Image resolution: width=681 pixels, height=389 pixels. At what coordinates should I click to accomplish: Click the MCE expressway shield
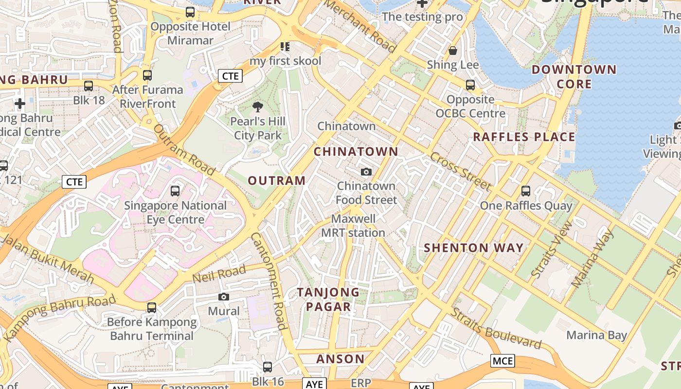tap(502, 361)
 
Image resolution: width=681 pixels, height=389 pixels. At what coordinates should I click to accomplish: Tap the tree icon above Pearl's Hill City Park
tap(258, 107)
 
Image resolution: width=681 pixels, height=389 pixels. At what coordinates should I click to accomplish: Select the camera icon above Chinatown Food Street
tap(366, 172)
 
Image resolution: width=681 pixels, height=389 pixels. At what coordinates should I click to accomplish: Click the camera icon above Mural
tap(224, 297)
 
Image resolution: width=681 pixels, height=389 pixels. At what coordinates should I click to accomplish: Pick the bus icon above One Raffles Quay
tap(526, 191)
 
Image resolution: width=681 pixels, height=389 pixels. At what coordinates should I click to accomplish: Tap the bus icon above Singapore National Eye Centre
tap(175, 191)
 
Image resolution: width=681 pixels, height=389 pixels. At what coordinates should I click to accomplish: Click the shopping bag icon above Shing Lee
tap(453, 51)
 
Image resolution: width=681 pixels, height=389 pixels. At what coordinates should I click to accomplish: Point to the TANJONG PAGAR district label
tap(328, 300)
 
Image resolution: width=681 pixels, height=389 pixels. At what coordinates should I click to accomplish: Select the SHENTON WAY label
tap(474, 248)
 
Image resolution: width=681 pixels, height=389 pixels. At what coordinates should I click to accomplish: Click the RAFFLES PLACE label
tap(524, 137)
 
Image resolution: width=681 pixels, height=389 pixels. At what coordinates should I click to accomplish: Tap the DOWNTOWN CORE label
tap(574, 77)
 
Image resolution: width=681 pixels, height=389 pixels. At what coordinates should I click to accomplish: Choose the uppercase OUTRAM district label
tap(277, 180)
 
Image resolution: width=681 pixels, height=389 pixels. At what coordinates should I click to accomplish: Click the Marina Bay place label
tap(596, 335)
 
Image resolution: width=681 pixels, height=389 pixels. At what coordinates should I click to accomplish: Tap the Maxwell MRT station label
tap(353, 226)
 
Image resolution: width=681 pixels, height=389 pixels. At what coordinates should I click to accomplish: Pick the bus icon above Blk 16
tap(268, 367)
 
